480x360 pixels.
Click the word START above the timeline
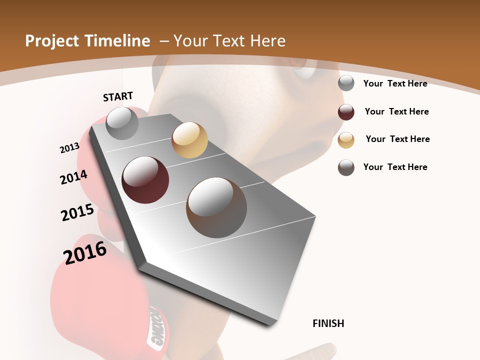pos(118,96)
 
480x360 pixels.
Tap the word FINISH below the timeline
pos(328,323)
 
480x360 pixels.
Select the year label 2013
pos(69,147)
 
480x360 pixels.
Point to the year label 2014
pos(73,177)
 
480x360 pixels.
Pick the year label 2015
pos(77,212)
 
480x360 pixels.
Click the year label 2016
pos(85,252)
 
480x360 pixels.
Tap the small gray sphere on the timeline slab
pos(122,123)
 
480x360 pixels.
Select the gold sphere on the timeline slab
pos(189,140)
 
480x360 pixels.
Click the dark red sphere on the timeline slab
pos(145,180)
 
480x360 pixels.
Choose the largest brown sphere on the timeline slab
pos(216,207)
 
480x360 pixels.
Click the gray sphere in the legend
pos(346,83)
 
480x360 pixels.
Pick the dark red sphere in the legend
pos(346,112)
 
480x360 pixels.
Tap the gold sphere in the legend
pos(346,140)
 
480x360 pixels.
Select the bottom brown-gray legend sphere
pos(346,167)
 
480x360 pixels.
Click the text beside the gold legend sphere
pos(397,139)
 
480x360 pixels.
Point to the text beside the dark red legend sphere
pos(396,111)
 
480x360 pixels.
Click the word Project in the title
pos(51,41)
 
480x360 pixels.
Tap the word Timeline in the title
pos(118,41)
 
